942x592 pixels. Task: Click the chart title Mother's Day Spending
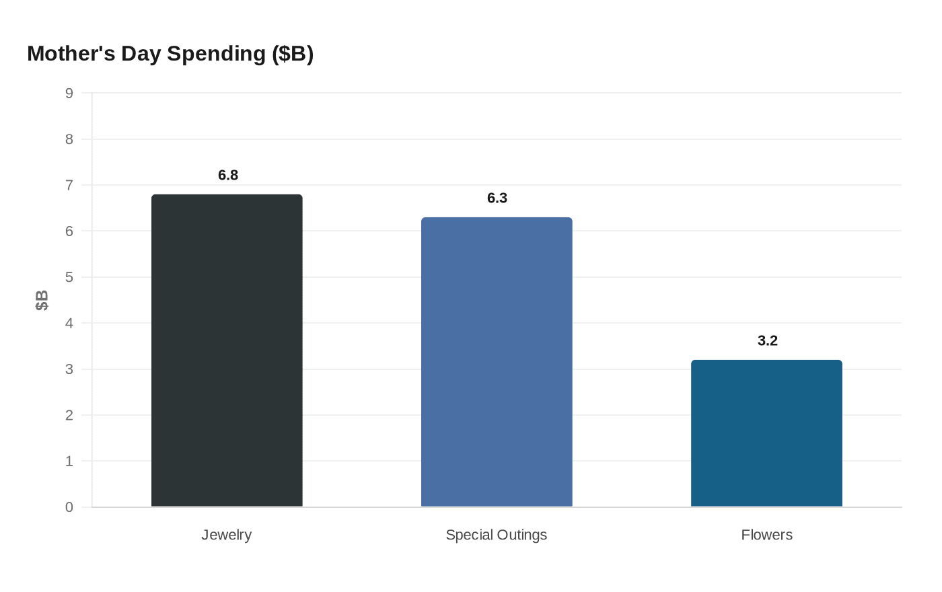coord(170,54)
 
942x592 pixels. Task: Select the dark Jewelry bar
coord(227,350)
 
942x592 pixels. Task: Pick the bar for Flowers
coord(766,433)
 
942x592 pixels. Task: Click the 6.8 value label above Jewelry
coord(228,176)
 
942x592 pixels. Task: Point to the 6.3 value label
coord(497,198)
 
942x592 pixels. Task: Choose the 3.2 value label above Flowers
coord(767,341)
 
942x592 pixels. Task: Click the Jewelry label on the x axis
coord(227,535)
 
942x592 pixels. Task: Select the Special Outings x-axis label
coord(497,535)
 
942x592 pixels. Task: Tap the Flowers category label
coord(766,535)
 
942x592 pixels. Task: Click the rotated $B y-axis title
coord(42,300)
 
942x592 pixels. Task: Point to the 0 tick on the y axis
coord(69,507)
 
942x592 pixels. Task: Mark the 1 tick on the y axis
coord(69,461)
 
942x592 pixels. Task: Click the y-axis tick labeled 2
coord(69,415)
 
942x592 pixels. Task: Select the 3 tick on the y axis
coord(69,369)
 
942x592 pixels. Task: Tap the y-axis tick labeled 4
coord(69,324)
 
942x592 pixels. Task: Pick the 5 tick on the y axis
coord(69,277)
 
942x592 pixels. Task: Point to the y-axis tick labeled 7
coord(69,185)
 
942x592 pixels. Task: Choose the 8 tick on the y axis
coord(69,139)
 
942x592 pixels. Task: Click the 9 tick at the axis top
coord(69,94)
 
